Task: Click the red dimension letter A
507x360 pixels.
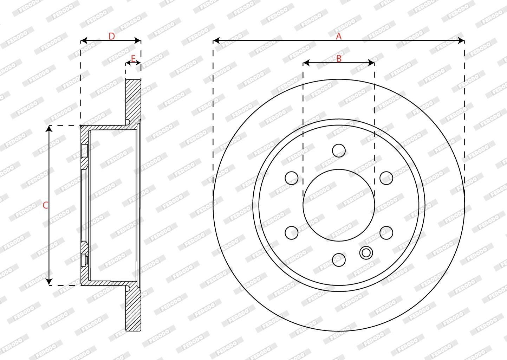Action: (x=338, y=36)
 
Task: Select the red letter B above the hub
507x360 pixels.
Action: (x=339, y=59)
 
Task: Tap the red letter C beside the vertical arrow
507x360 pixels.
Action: (x=45, y=205)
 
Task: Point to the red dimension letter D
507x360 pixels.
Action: (x=111, y=36)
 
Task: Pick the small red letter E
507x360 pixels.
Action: (x=133, y=58)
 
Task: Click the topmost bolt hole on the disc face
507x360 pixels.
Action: (x=339, y=150)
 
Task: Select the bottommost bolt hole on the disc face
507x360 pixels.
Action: (x=339, y=259)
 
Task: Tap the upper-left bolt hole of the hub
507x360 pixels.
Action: (x=292, y=178)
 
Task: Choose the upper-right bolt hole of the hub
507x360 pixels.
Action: (x=386, y=178)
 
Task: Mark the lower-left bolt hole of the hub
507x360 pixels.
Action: (x=292, y=232)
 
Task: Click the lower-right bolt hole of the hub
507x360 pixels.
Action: (x=386, y=232)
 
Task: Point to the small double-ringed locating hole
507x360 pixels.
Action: (x=366, y=252)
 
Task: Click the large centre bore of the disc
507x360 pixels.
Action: (x=339, y=205)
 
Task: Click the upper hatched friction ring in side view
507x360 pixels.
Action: (x=133, y=100)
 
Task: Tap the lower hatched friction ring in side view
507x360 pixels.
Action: (x=133, y=309)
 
